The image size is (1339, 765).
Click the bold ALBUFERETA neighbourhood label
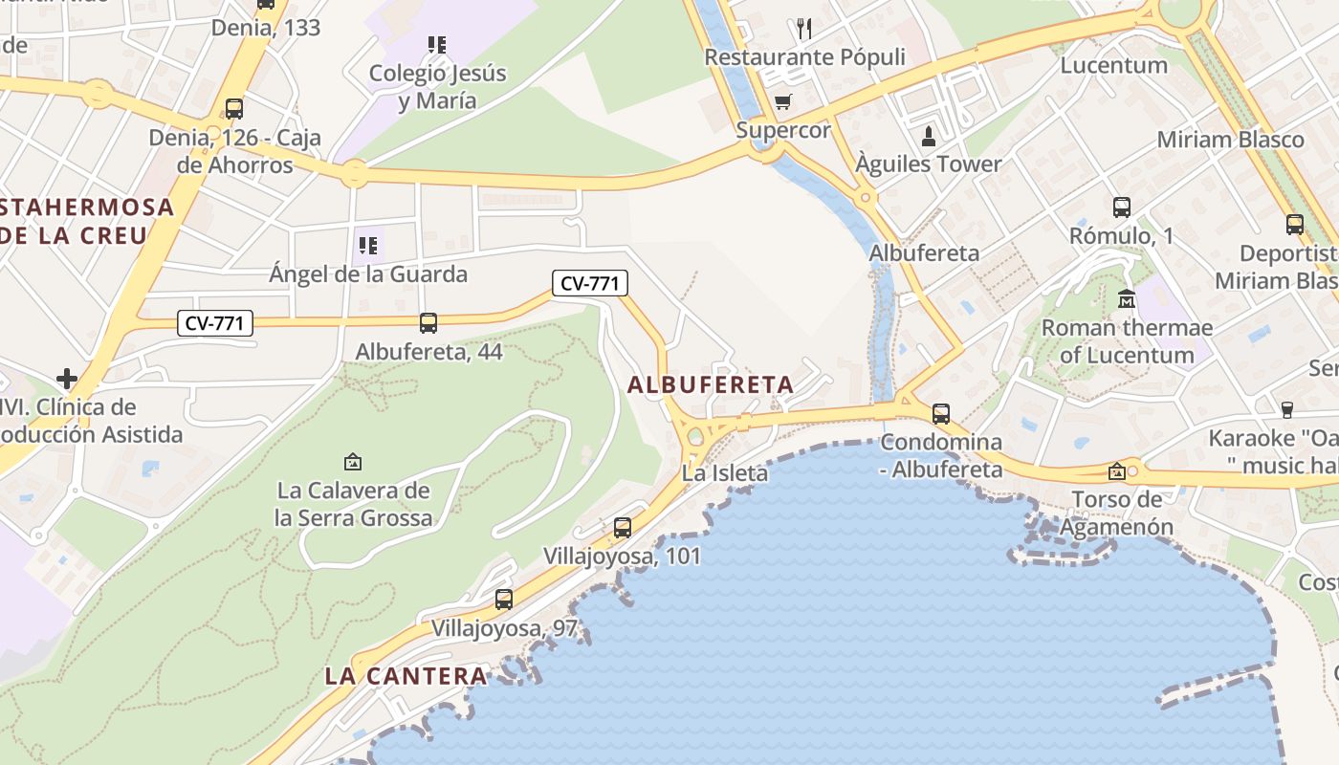click(711, 384)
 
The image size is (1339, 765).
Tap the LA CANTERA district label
click(406, 675)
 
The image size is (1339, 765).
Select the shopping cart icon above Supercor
click(783, 101)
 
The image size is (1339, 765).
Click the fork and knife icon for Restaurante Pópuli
click(804, 29)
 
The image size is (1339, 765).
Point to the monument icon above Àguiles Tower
click(927, 136)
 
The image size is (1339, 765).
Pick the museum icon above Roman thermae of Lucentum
click(1127, 298)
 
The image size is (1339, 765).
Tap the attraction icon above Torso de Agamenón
click(1116, 471)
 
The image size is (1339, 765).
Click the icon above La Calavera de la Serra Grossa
click(353, 462)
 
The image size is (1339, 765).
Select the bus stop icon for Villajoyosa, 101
click(623, 527)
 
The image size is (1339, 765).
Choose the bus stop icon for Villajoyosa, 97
click(504, 600)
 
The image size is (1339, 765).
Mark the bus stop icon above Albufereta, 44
click(428, 323)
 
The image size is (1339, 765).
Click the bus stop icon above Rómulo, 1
click(1122, 207)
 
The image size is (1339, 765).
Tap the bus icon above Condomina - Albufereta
click(941, 413)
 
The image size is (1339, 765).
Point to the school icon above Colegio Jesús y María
click(437, 44)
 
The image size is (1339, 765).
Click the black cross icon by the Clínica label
click(67, 379)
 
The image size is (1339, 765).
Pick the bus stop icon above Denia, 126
click(234, 109)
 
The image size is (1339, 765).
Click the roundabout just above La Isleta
click(695, 439)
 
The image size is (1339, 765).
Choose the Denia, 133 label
click(266, 27)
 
